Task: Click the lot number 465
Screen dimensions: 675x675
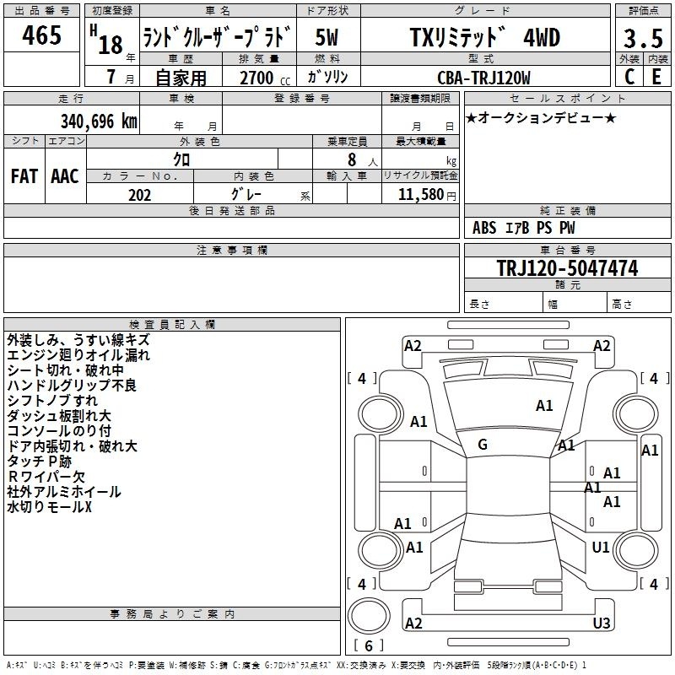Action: (41, 35)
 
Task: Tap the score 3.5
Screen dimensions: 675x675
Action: (643, 38)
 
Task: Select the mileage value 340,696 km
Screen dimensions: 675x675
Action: (99, 121)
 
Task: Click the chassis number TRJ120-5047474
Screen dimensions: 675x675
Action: (567, 267)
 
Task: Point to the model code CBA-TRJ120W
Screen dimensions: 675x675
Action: (483, 78)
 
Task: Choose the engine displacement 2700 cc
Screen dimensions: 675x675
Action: (265, 78)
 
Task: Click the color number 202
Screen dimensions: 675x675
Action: (139, 195)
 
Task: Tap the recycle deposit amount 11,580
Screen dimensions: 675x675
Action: (420, 195)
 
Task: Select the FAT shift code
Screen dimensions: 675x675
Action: (24, 176)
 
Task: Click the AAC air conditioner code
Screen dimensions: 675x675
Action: (65, 176)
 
